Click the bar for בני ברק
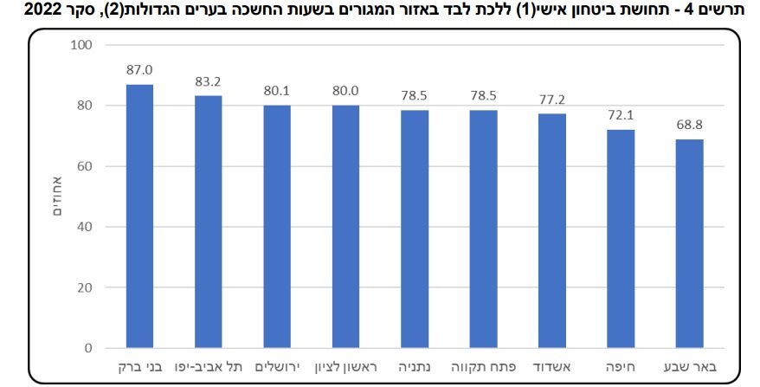139,216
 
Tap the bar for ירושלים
277,227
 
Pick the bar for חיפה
621,239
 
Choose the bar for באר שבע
689,244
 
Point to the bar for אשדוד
552,231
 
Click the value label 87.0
139,71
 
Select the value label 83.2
208,82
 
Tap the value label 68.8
689,126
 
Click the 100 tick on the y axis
81,45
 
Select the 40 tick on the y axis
84,227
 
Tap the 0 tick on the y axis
87,349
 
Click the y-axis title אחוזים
58,196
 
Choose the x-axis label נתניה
415,366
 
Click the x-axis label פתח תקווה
483,366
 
